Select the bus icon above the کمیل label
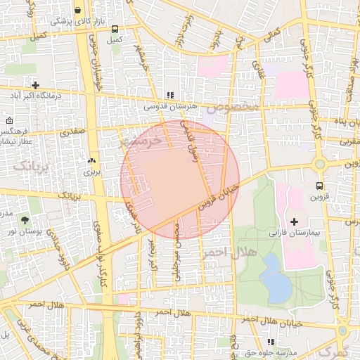pos(114,30)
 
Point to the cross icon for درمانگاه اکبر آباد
pos(35,85)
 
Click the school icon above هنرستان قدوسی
pos(169,95)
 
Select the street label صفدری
pos(73,131)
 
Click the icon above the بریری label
pos(92,160)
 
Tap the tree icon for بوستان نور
pos(25,221)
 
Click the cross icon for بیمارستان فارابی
pos(294,222)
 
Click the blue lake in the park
pos(275,278)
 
